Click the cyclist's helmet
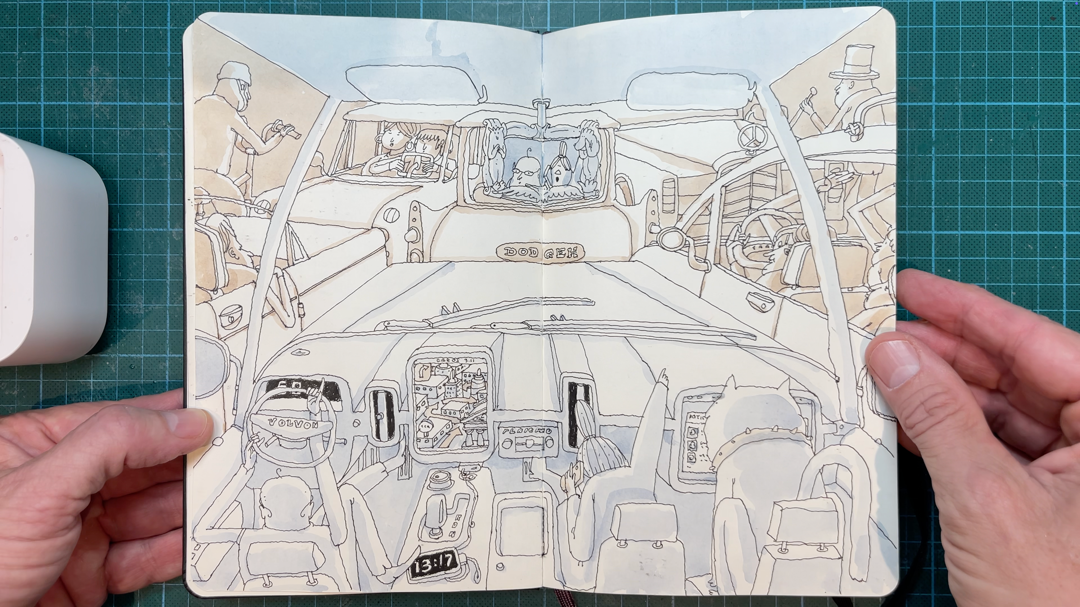[x=234, y=75]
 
